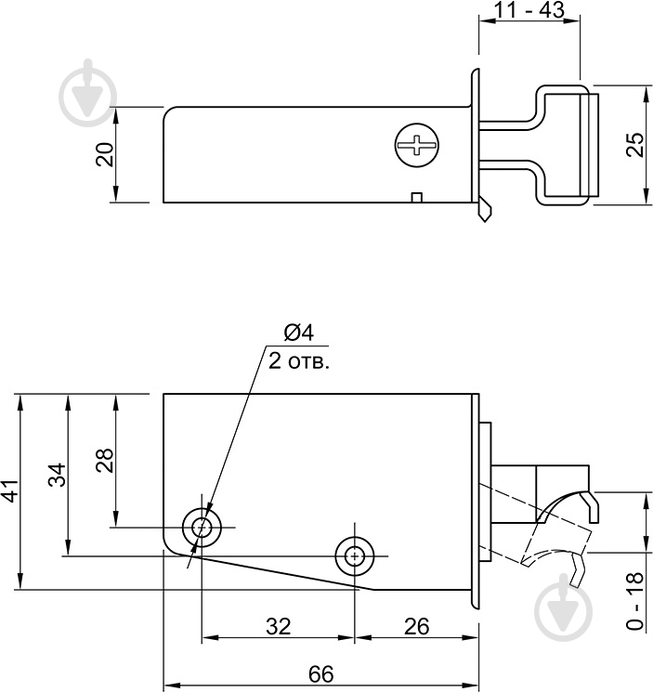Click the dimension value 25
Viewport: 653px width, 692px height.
click(x=634, y=144)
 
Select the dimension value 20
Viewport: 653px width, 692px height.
click(x=106, y=153)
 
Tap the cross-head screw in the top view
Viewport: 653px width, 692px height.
click(x=415, y=145)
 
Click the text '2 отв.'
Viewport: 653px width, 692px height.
click(x=299, y=361)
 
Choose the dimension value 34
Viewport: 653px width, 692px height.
click(x=58, y=476)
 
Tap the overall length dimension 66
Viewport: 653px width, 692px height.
click(x=320, y=674)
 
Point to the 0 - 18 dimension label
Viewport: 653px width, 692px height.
click(x=634, y=601)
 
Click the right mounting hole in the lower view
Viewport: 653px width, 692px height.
click(x=354, y=555)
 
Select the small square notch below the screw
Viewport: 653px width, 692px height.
click(x=417, y=196)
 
